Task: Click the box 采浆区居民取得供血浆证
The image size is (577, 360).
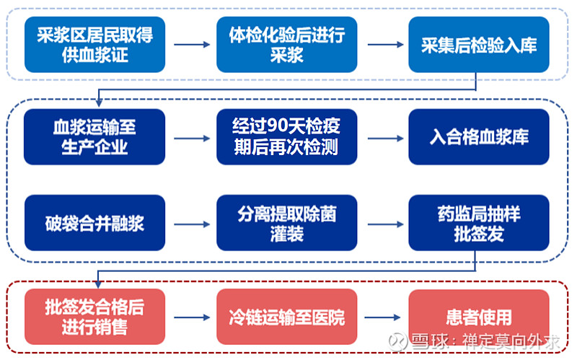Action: tap(94, 45)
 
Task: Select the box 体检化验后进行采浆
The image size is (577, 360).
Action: tap(286, 45)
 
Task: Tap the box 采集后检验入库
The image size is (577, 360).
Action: tap(479, 45)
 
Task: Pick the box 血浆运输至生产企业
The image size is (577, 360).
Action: tap(94, 137)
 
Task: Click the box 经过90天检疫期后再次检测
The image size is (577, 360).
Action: tap(286, 137)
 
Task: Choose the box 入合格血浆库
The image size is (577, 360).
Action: tap(479, 137)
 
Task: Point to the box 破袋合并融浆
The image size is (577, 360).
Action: tap(94, 223)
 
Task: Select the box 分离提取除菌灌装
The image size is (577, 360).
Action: tap(286, 223)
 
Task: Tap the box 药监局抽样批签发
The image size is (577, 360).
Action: tap(479, 223)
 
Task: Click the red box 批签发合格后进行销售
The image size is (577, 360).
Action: tap(94, 317)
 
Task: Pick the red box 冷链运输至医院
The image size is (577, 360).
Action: tap(286, 317)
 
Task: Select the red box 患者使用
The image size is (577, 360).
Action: tap(479, 317)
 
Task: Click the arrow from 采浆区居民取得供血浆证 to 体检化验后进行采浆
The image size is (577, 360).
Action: tap(192, 45)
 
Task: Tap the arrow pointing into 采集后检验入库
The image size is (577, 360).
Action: tap(385, 45)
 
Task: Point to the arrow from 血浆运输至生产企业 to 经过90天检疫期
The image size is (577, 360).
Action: tap(192, 139)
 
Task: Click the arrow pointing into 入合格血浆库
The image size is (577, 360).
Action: tap(385, 139)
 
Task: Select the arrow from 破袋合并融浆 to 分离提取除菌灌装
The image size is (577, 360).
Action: tap(192, 224)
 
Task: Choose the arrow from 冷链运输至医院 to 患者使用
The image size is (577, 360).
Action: tap(382, 317)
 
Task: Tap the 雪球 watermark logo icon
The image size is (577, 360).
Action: tap(398, 341)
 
